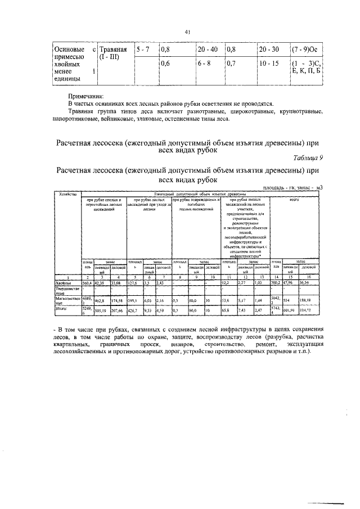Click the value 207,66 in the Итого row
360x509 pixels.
pos(117,310)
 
